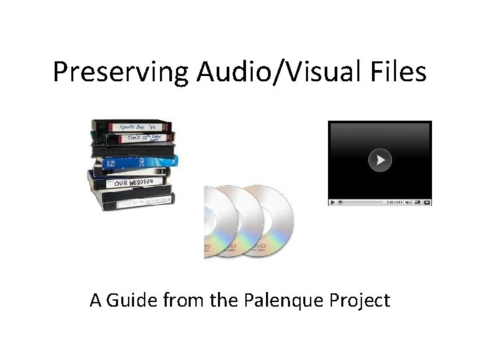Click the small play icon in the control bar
[x=332, y=202]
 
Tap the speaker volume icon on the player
[x=408, y=202]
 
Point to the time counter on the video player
[x=394, y=202]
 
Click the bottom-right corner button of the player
[x=427, y=202]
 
